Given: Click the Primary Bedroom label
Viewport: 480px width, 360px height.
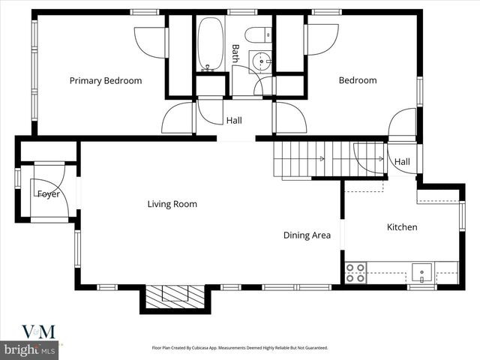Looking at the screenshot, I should point(106,81).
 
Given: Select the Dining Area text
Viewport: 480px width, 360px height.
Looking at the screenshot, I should point(307,235).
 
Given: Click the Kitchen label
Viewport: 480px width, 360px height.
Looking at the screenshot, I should point(402,227).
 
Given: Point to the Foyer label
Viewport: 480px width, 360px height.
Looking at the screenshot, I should point(49,194).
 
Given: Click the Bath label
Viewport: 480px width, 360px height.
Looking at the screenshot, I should point(235,52).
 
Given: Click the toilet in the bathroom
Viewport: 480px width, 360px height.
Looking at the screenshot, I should point(256,34).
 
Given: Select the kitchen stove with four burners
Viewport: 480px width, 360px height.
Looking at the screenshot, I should point(355,272).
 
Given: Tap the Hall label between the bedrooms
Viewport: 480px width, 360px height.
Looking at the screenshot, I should point(234,120).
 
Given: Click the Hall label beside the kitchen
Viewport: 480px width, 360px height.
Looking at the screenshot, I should point(402,162).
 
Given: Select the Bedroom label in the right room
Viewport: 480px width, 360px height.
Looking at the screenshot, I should point(357,81).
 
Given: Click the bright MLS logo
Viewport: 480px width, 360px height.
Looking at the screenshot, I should point(30,349).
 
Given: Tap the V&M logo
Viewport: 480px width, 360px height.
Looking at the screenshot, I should point(37,331).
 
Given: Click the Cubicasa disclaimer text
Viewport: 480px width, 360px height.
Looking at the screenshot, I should point(239,348).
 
